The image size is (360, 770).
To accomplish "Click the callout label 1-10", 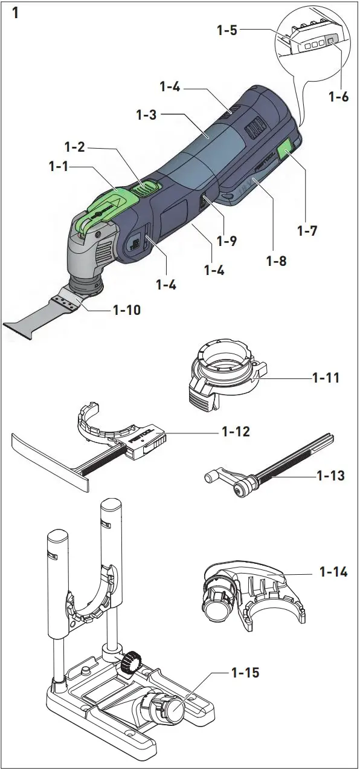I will [x=127, y=311].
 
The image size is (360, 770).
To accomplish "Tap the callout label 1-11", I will [x=326, y=378].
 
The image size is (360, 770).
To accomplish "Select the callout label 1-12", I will [x=236, y=433].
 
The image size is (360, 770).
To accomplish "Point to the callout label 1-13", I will [x=331, y=476].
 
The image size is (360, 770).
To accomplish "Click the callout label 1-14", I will [x=333, y=571].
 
